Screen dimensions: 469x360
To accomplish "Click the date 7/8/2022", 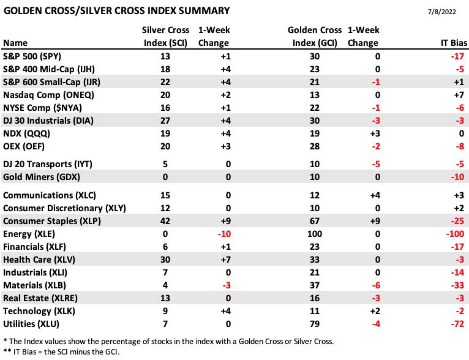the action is (442, 12).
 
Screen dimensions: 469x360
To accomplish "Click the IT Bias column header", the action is (454, 43).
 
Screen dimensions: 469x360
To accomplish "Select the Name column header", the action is (15, 43).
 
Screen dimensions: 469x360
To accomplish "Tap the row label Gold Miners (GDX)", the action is (42, 177).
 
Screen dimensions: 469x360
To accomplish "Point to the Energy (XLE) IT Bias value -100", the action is (455, 234).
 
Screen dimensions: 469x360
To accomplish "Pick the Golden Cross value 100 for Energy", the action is (315, 234).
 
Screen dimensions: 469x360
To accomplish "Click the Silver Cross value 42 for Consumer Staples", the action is (165, 221).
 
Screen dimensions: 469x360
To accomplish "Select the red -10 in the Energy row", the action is (224, 234).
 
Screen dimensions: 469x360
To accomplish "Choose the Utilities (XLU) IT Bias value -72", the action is (457, 324).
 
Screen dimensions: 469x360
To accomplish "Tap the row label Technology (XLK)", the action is (39, 311).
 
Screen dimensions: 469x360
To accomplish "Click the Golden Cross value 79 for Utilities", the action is (315, 324).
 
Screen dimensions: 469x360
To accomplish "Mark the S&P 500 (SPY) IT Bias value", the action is (457, 56).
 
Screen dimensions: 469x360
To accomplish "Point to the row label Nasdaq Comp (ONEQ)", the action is (48, 95).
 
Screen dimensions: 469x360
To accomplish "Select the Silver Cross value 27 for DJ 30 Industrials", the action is (165, 121).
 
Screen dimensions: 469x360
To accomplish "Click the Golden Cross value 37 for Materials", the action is (315, 285).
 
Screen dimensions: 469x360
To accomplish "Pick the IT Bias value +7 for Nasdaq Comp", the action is (459, 95).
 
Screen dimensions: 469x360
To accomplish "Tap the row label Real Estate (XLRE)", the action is (40, 298).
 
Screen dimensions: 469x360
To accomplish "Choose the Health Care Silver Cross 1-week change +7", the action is (225, 260).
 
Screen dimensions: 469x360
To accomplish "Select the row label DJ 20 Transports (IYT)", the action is (48, 164).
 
